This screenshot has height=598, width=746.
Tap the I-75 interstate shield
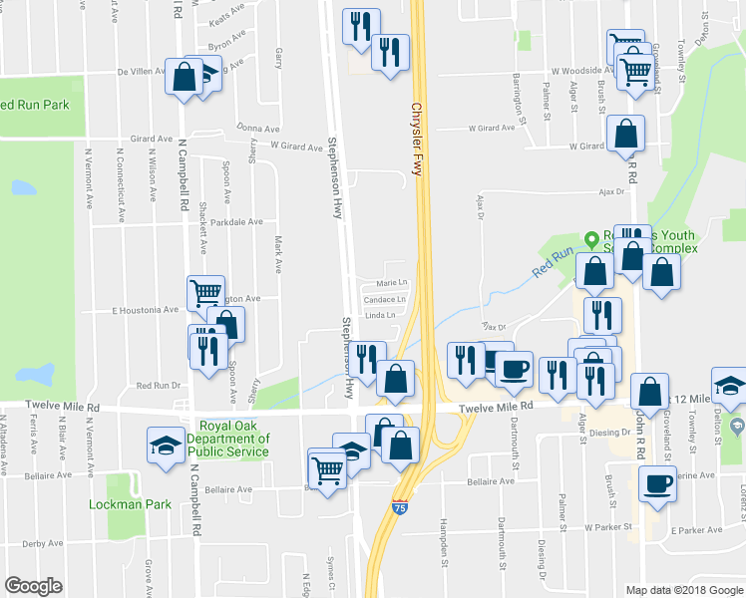pos(401,508)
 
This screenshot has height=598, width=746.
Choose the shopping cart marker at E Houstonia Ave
pos(205,292)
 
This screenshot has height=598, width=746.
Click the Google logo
pos(33,586)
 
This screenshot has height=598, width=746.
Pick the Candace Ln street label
pos(385,299)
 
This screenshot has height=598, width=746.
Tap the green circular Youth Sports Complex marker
pos(591,239)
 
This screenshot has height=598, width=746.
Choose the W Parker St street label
pos(607,526)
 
